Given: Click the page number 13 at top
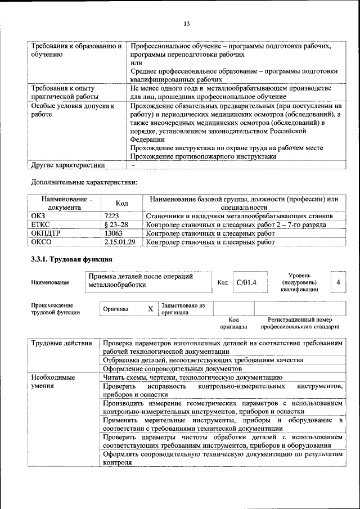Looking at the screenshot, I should point(187,23).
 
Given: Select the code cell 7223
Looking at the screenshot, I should point(111,216).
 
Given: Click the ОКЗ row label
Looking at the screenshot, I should point(39,216).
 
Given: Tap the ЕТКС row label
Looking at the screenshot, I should point(41,224).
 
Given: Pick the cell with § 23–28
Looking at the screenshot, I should point(116,224).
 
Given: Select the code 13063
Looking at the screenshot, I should point(114,233).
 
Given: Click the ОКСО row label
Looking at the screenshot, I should point(42,242).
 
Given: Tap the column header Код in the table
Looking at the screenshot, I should point(121,203).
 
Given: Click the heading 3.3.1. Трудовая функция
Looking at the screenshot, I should point(71,259).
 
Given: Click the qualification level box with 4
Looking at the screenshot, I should point(338,282).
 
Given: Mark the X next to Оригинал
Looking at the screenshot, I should point(150,309).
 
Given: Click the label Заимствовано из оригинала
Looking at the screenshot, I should point(183,309).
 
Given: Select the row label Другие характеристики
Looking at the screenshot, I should point(68,165).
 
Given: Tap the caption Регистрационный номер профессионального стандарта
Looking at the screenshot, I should point(300,323).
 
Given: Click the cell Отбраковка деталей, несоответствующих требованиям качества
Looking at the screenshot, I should point(203,359).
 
